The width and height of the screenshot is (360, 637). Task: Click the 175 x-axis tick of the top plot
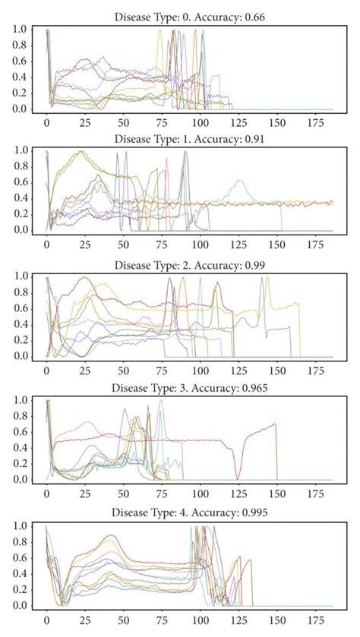click(x=314, y=123)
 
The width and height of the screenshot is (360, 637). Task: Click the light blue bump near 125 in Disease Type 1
click(x=240, y=182)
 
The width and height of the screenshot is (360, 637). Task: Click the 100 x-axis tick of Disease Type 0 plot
click(x=200, y=123)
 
